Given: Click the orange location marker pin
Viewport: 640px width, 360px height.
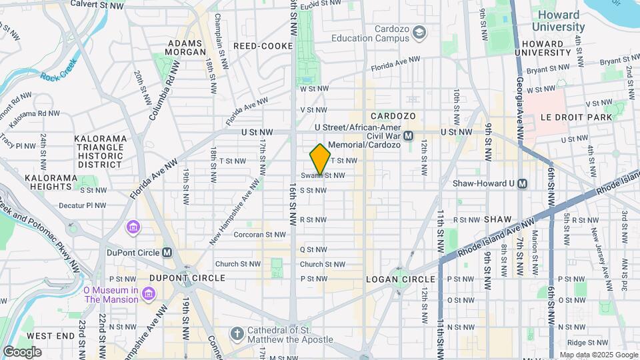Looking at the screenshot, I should coord(321,159).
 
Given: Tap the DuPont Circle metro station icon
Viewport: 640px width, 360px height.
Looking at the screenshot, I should coord(167,253).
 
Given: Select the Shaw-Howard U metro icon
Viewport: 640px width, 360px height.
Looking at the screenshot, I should coord(522,183).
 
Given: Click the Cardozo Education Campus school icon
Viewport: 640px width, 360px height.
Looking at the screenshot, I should coord(419,31).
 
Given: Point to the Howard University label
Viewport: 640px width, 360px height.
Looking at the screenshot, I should coord(558,21).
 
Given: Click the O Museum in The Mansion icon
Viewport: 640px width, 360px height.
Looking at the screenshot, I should coord(148,293).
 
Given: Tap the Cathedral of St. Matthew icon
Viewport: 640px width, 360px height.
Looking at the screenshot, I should coord(236,333).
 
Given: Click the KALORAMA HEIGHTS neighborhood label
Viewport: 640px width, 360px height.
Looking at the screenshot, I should coord(52,183).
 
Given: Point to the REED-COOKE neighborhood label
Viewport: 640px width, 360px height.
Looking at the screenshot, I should coord(263,46).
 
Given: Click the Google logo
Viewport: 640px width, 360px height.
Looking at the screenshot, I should coord(22,351).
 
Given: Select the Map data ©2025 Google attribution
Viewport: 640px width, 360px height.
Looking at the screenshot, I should coord(598,355).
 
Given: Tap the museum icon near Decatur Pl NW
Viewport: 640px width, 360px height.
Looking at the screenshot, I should coord(134,228).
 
